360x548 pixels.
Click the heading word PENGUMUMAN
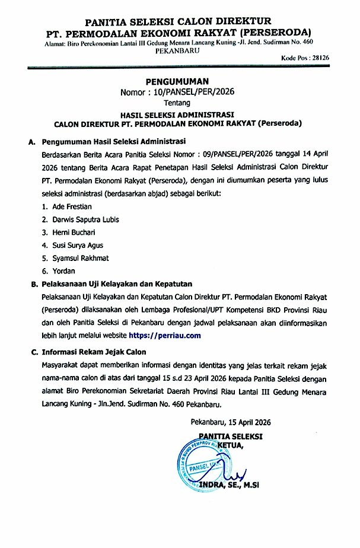[x=178, y=81]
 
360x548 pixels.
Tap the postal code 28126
[x=336, y=58]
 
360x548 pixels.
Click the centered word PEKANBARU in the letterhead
[x=178, y=52]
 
